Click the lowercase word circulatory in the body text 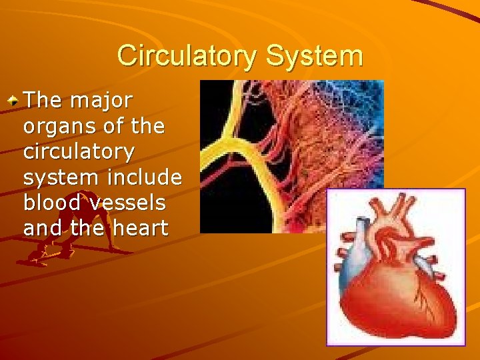[79, 151]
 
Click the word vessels [133, 203]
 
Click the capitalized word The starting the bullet [45, 101]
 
